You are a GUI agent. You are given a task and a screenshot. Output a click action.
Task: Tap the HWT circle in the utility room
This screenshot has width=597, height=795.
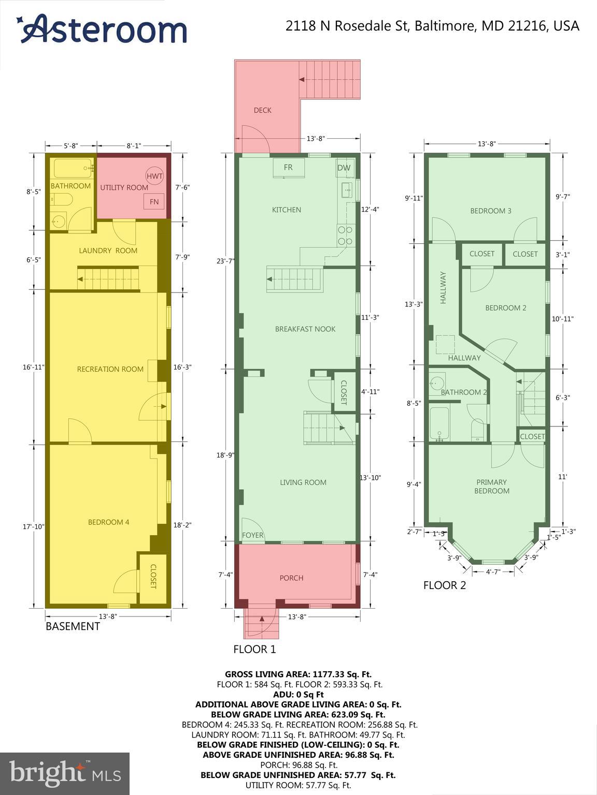tap(154, 176)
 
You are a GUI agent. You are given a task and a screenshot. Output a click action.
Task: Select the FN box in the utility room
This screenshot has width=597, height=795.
tap(154, 201)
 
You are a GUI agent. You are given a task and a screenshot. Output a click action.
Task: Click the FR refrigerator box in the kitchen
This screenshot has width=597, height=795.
tap(288, 168)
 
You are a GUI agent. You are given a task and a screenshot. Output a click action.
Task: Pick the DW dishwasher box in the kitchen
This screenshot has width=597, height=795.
tap(344, 168)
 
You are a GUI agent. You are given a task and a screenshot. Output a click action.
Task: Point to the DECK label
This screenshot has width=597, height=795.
tap(262, 110)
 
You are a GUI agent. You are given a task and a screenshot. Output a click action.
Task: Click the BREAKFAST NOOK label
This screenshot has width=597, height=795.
tap(305, 329)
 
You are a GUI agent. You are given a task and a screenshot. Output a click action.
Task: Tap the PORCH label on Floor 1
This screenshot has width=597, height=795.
tap(291, 578)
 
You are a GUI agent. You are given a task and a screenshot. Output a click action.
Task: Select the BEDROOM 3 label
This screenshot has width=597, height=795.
tap(490, 211)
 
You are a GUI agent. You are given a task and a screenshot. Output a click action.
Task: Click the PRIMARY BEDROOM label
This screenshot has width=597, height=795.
tap(491, 487)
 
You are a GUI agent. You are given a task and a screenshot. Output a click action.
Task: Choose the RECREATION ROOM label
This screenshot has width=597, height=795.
tap(110, 369)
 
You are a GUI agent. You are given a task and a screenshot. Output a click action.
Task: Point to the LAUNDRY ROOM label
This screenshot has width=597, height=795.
tap(108, 251)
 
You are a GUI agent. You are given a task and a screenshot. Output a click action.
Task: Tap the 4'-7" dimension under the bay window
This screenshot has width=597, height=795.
tap(493, 572)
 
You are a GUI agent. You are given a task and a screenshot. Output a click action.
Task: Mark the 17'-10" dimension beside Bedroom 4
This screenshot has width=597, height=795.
tap(34, 526)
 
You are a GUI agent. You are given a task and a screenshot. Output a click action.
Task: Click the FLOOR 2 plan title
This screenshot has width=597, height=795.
tap(444, 585)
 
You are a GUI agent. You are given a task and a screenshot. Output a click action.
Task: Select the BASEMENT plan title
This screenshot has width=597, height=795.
tap(73, 626)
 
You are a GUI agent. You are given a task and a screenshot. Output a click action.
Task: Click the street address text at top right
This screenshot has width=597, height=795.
tap(432, 26)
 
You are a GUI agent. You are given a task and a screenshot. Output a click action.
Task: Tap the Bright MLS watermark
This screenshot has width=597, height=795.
tap(65, 774)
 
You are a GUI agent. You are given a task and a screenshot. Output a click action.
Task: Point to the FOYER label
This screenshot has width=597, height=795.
tap(252, 535)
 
